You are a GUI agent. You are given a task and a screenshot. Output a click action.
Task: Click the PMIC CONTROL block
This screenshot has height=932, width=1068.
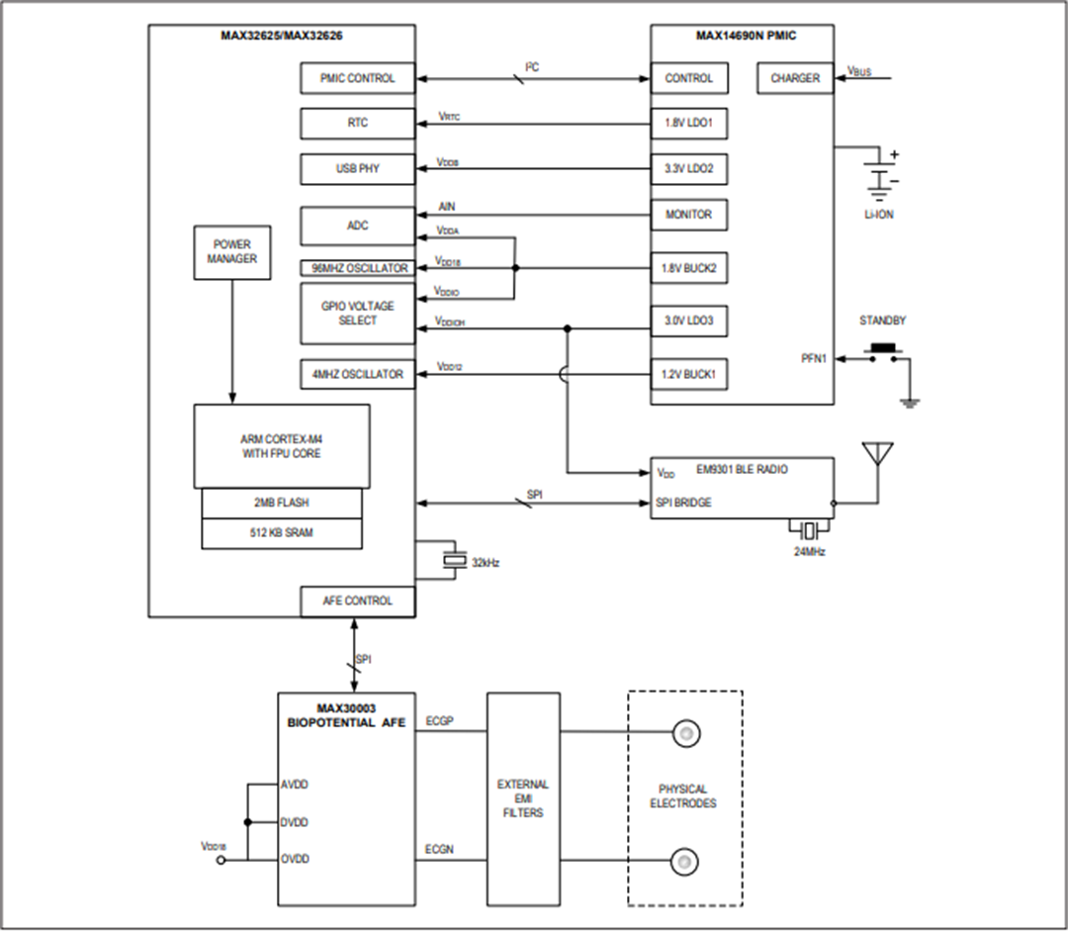click(x=357, y=78)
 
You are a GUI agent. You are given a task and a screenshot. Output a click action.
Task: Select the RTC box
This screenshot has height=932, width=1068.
click(x=357, y=124)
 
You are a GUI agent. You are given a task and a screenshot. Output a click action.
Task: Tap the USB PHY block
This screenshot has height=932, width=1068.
click(x=357, y=169)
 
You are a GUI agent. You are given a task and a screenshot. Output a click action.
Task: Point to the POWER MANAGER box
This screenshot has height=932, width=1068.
click(x=232, y=251)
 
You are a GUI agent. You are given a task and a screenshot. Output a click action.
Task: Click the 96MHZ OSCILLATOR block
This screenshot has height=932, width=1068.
click(x=357, y=268)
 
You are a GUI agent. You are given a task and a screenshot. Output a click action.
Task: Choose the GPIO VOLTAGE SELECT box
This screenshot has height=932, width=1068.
click(x=357, y=314)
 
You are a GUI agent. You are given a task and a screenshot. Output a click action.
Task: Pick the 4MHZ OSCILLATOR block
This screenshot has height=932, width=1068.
click(x=357, y=374)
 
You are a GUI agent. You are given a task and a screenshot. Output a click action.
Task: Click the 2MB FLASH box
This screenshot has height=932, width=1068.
click(x=282, y=503)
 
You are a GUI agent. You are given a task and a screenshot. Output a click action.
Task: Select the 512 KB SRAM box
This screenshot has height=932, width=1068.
click(x=282, y=533)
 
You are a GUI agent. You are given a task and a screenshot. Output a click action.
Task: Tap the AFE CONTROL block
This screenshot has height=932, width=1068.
click(x=357, y=601)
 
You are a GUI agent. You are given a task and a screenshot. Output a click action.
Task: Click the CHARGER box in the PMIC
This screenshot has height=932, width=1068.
click(x=795, y=78)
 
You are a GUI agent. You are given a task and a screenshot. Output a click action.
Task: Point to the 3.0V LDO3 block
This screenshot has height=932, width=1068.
click(x=688, y=322)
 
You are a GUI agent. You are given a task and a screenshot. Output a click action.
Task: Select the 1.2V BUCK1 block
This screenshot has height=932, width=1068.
click(x=688, y=375)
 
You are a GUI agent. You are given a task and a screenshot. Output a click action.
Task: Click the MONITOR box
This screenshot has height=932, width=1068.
click(x=688, y=214)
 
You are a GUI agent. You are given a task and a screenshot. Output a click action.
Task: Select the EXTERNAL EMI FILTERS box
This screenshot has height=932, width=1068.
click(x=523, y=798)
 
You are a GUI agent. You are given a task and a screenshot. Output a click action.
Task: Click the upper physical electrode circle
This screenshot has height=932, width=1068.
click(x=683, y=733)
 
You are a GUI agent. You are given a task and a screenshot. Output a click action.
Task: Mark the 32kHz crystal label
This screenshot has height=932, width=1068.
click(x=486, y=562)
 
